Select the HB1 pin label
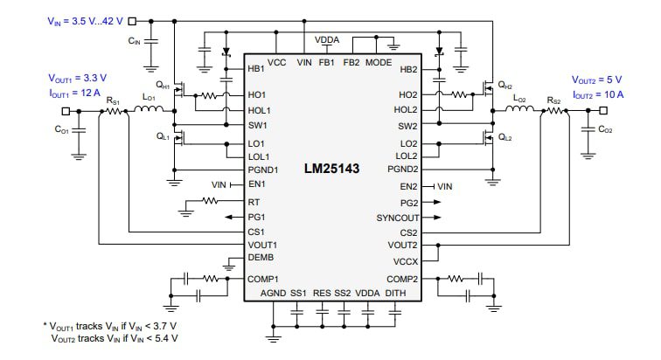click(x=257, y=69)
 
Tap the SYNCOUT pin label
click(x=398, y=217)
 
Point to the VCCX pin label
click(x=406, y=262)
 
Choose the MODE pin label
click(x=379, y=63)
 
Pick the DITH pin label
click(x=395, y=293)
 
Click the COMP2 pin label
click(x=402, y=278)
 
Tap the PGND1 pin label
click(x=263, y=170)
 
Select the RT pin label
click(x=254, y=201)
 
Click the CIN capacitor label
click(x=134, y=40)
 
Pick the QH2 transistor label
click(x=504, y=86)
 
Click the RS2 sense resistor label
click(x=554, y=100)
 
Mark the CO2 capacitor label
click(x=605, y=129)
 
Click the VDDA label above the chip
click(x=328, y=39)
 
